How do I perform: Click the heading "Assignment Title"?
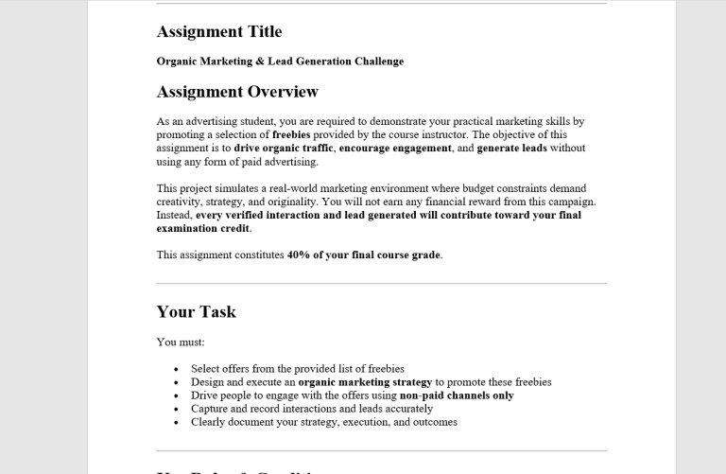pyautogui.click(x=219, y=32)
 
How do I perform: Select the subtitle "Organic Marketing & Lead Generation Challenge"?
pyautogui.click(x=280, y=61)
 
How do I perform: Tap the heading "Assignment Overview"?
pyautogui.click(x=237, y=92)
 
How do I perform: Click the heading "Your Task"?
pyautogui.click(x=197, y=312)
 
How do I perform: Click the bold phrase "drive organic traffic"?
pyautogui.click(x=283, y=149)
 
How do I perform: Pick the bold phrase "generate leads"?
pyautogui.click(x=511, y=149)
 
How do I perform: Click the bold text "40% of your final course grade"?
pyautogui.click(x=364, y=255)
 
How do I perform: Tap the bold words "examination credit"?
pyautogui.click(x=202, y=228)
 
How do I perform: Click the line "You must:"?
pyautogui.click(x=181, y=342)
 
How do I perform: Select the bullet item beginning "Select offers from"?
pyautogui.click(x=297, y=369)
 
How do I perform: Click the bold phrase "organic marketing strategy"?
pyautogui.click(x=365, y=382)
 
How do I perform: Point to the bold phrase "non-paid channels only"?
pyautogui.click(x=457, y=395)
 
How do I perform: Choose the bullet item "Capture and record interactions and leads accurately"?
pyautogui.click(x=312, y=409)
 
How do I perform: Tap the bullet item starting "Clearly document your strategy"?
pyautogui.click(x=323, y=422)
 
